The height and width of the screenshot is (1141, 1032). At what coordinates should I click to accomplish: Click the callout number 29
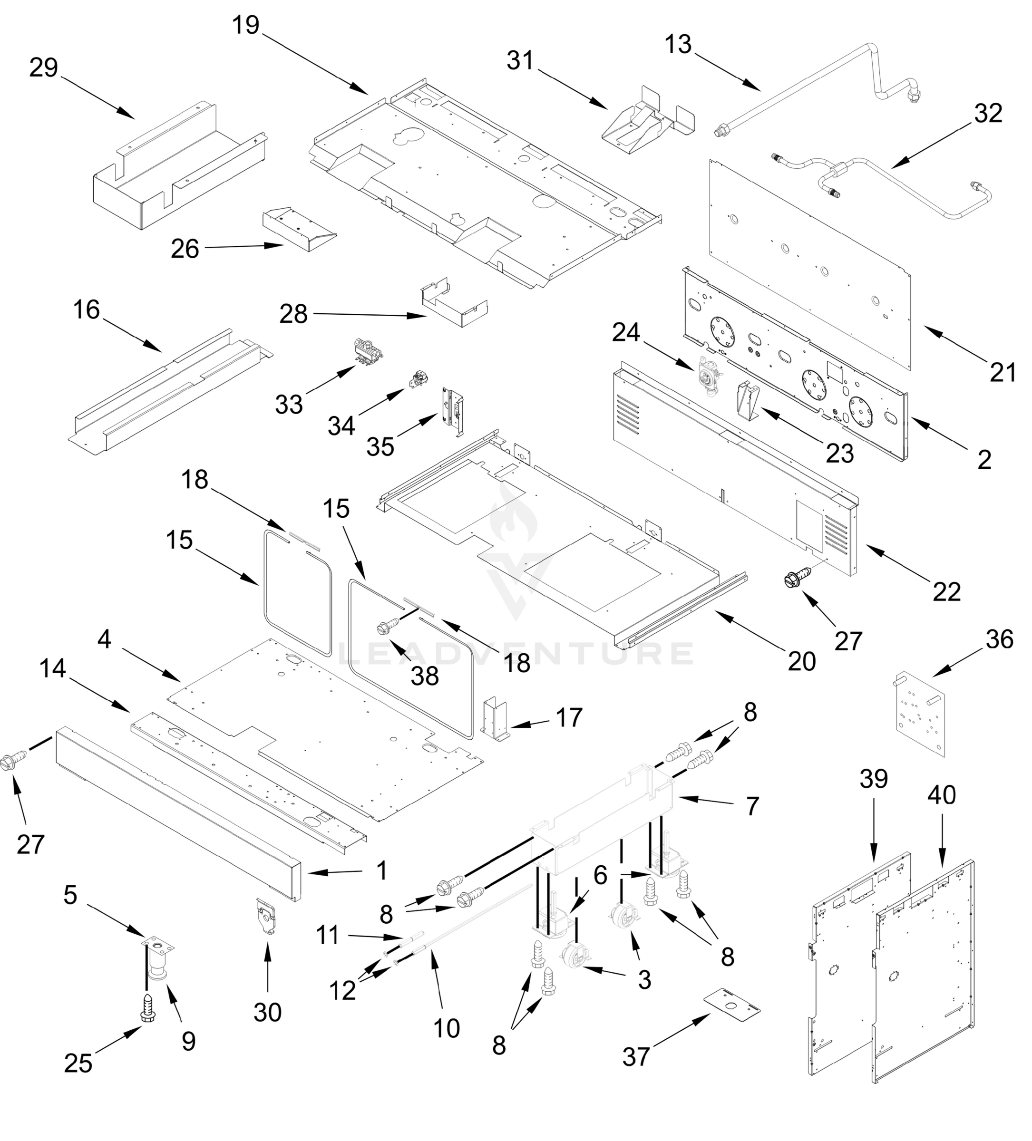[44, 68]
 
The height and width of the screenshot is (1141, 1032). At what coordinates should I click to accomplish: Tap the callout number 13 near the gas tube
[678, 45]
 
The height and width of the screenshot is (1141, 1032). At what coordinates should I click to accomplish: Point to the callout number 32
[988, 114]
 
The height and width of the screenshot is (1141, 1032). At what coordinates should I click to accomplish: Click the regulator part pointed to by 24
[710, 377]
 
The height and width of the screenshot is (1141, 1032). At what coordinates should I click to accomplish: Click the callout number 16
[86, 310]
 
